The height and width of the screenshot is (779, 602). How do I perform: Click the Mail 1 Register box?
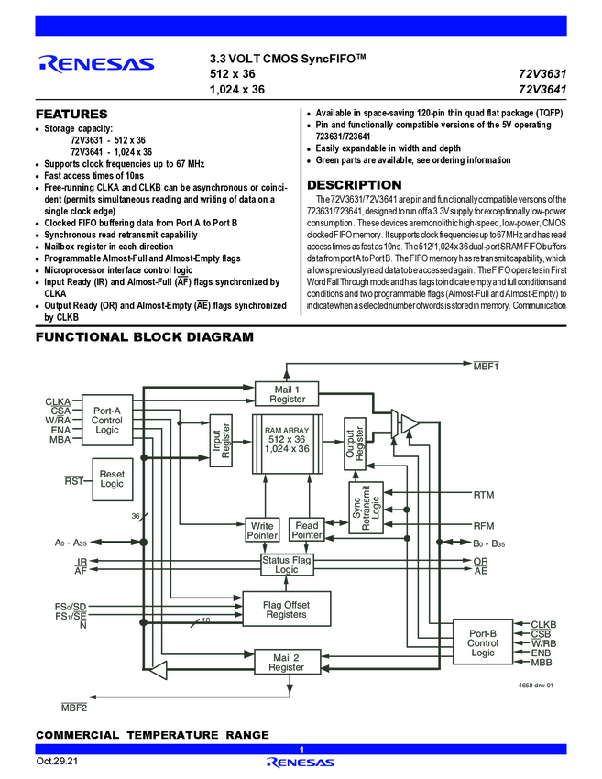coord(287,394)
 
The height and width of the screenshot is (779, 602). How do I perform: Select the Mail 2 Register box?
coord(286,663)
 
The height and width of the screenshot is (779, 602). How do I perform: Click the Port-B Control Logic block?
coord(483,643)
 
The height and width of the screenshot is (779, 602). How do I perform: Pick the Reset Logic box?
coord(111,478)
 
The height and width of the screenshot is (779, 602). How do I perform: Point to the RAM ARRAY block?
coord(288,444)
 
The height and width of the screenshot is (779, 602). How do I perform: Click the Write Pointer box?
coord(261,530)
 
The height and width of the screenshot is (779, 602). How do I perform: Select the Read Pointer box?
coord(306,530)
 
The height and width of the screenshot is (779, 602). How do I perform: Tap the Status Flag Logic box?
coord(287,565)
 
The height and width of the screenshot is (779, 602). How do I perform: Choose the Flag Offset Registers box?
coord(286,609)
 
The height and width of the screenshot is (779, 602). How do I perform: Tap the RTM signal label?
coord(483,495)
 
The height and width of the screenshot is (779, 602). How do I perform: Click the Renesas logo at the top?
coord(96,64)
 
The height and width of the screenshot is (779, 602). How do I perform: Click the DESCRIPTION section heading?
coord(354,185)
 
